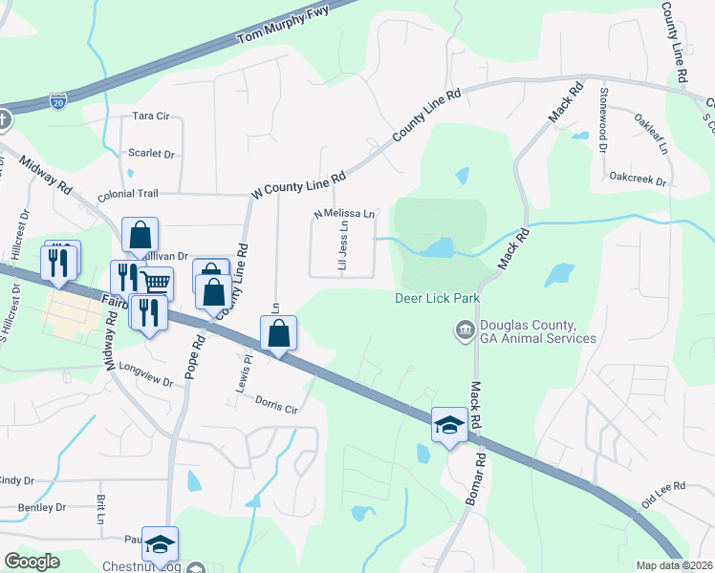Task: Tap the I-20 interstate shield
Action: (x=58, y=102)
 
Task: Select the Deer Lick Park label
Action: (x=438, y=299)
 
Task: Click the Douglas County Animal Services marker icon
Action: (x=465, y=330)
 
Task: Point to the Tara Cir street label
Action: (x=150, y=116)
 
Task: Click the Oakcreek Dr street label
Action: (x=637, y=178)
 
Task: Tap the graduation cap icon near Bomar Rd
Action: (x=448, y=424)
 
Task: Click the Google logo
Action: (x=32, y=562)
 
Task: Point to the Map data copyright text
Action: (x=675, y=565)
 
